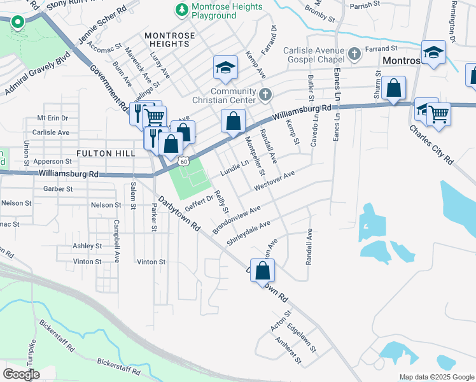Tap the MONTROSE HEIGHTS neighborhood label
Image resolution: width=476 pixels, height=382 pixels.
point(167,39)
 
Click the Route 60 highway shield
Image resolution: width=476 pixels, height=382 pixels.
point(183,162)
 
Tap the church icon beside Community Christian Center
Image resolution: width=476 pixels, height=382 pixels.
point(266,95)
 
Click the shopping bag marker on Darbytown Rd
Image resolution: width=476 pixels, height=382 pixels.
point(262,271)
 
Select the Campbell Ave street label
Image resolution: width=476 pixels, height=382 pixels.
point(116,234)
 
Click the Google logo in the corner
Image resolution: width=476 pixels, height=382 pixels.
point(21,374)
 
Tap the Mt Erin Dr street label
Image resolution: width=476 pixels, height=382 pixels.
point(52,118)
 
